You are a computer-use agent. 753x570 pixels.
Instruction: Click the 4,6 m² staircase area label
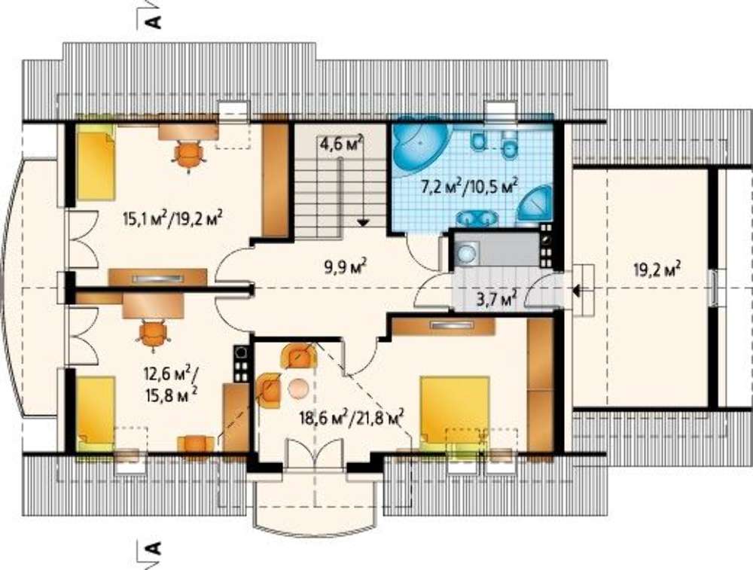[x=341, y=144]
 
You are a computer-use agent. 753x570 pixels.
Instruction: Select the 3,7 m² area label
[x=493, y=300]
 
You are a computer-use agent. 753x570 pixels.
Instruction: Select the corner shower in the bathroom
[x=536, y=206]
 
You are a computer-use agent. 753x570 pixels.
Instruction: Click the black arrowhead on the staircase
[x=363, y=222]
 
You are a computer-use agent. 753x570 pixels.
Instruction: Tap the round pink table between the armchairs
[x=298, y=388]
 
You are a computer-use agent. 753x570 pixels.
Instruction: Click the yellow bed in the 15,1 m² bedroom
[x=96, y=166]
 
